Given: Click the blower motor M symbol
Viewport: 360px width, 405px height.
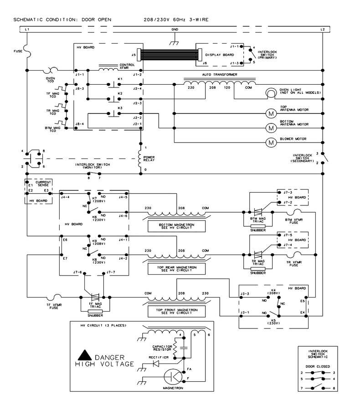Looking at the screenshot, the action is click(271, 142).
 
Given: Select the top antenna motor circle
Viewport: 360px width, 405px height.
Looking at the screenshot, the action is click(271, 113).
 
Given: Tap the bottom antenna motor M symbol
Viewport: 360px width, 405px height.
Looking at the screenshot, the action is click(271, 128).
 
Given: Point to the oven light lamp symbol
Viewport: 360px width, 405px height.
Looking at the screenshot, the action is click(271, 93).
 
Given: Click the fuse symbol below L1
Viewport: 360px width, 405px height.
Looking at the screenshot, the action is click(27, 51).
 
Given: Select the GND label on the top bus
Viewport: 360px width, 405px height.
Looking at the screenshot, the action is click(175, 30).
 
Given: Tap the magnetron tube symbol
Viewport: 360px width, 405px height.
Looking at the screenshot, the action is click(173, 377).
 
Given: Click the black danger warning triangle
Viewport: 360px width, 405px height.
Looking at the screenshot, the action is click(85, 355).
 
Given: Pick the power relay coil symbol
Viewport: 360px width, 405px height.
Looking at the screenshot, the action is click(140, 159).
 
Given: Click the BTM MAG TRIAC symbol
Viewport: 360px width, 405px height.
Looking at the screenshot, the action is click(258, 212).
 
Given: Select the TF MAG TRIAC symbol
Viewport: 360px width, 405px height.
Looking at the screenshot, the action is click(95, 297).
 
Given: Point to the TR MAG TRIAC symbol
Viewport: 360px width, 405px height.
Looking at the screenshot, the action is click(258, 255).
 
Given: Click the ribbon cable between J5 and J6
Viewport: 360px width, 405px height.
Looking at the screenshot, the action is click(169, 55).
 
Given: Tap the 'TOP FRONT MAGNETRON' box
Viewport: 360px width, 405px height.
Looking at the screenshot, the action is click(177, 311).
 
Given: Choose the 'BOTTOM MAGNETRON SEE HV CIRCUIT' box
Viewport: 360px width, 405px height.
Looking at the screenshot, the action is click(177, 226).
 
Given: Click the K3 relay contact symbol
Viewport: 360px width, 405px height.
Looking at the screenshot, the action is click(114, 113).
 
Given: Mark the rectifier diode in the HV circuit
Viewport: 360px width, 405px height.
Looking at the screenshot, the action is click(156, 364).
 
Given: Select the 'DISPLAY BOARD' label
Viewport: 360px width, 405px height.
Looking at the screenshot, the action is click(219, 55).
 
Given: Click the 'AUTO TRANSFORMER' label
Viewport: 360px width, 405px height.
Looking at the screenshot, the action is click(220, 74).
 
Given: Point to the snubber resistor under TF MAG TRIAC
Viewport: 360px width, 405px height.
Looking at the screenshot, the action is click(95, 311).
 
